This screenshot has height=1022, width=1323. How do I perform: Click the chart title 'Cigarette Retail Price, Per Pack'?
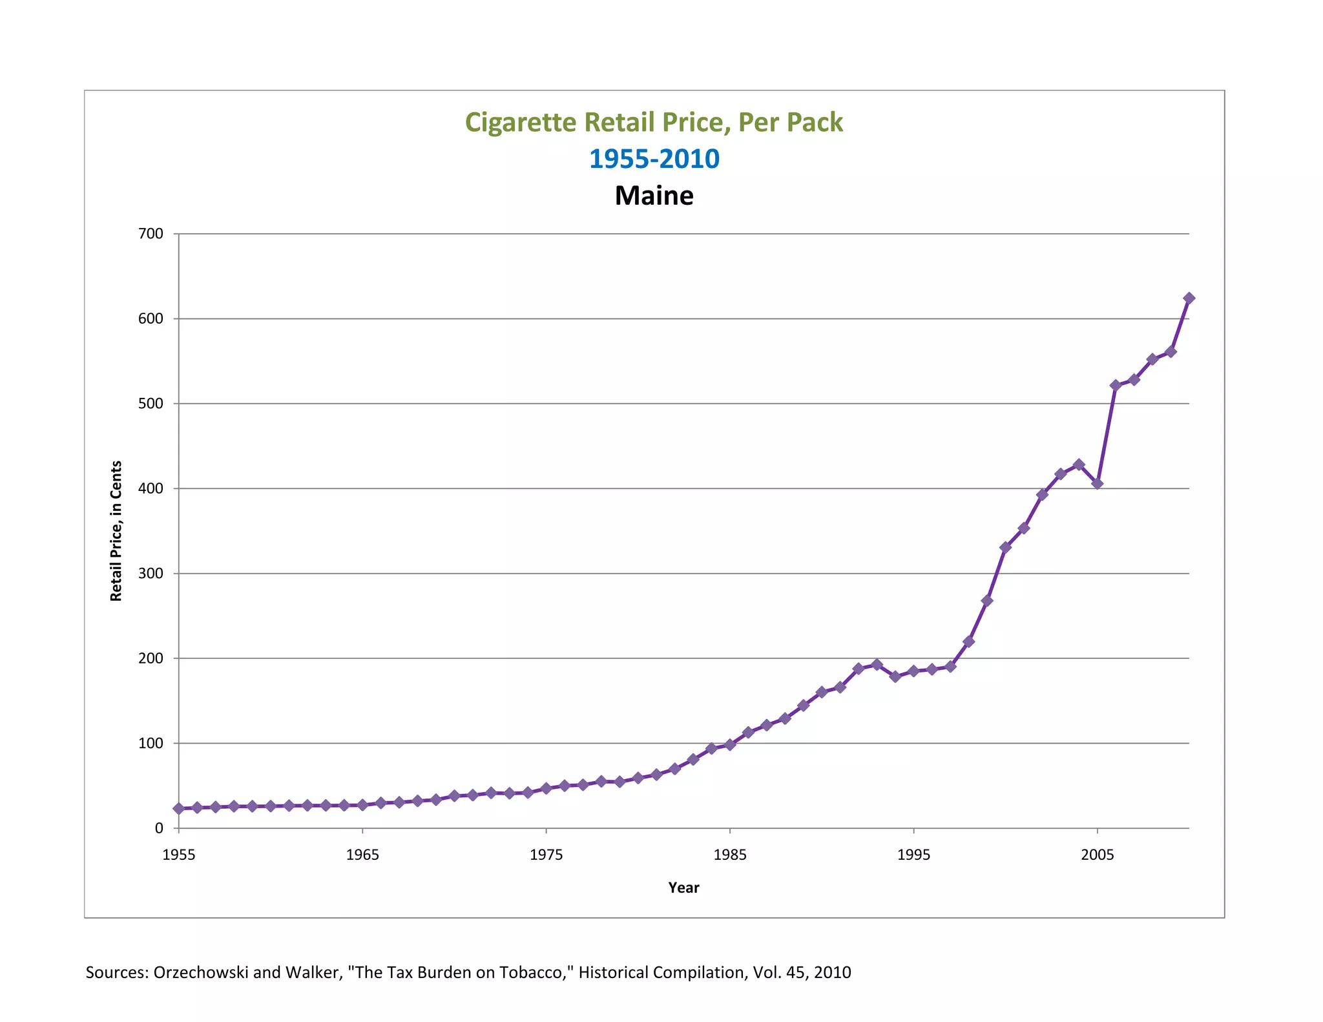(x=654, y=122)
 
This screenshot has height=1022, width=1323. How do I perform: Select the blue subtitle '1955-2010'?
(x=654, y=159)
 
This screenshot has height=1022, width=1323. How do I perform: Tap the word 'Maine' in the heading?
(x=654, y=196)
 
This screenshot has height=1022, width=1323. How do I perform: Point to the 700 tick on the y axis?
(x=151, y=233)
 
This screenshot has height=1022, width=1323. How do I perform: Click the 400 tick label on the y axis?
(x=151, y=488)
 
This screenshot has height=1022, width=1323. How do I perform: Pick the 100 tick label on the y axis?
(x=151, y=743)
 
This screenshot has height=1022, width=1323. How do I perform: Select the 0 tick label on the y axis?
(x=159, y=828)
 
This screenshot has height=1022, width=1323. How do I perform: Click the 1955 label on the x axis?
(x=179, y=855)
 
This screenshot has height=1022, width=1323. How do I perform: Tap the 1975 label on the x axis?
(x=546, y=855)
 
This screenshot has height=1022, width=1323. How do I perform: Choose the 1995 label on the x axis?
(x=913, y=855)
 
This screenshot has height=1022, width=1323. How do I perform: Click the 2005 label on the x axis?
(x=1097, y=855)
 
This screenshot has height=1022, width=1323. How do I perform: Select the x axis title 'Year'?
(x=683, y=888)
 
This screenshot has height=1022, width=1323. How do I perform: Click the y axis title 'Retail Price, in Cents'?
(x=116, y=530)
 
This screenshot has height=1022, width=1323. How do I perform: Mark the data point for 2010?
(x=1189, y=298)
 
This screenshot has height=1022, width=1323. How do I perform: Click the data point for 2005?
(x=1097, y=483)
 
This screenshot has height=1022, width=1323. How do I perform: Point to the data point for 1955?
(x=179, y=808)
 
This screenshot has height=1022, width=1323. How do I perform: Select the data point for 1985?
(x=730, y=745)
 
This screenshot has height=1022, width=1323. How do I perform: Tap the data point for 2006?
(x=1116, y=385)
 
